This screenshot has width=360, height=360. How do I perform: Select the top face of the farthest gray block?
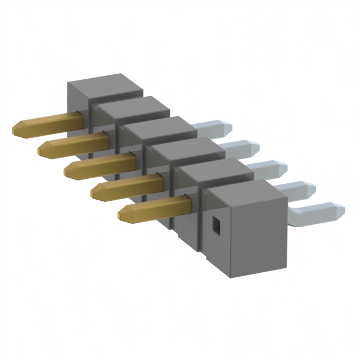click(105, 84)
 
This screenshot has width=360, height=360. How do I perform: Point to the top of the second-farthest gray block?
click(132, 107)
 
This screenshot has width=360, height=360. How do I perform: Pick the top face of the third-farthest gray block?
click(157, 128)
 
